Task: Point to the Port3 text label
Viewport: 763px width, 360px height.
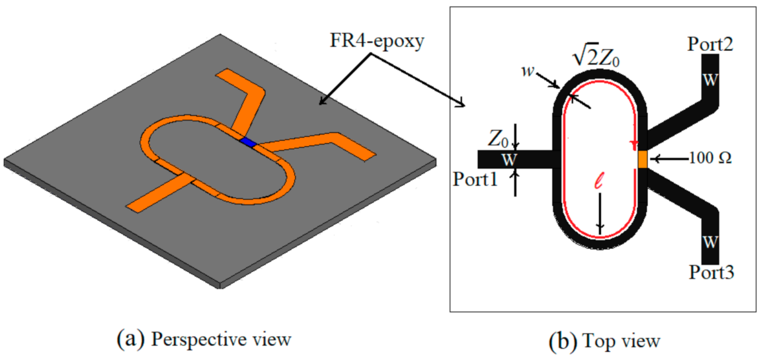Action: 711,272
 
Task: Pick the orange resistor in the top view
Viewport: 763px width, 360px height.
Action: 642,159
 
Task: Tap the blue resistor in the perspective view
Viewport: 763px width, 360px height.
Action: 248,142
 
